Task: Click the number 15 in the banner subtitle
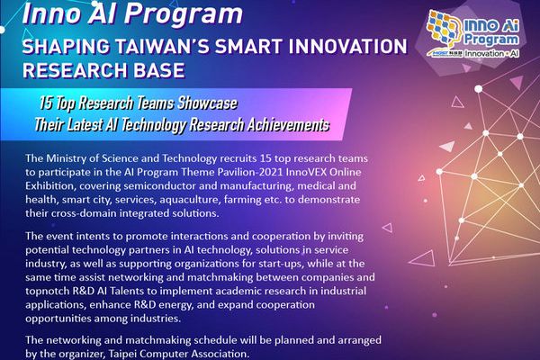pos(45,103)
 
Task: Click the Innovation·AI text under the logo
pos(491,54)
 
